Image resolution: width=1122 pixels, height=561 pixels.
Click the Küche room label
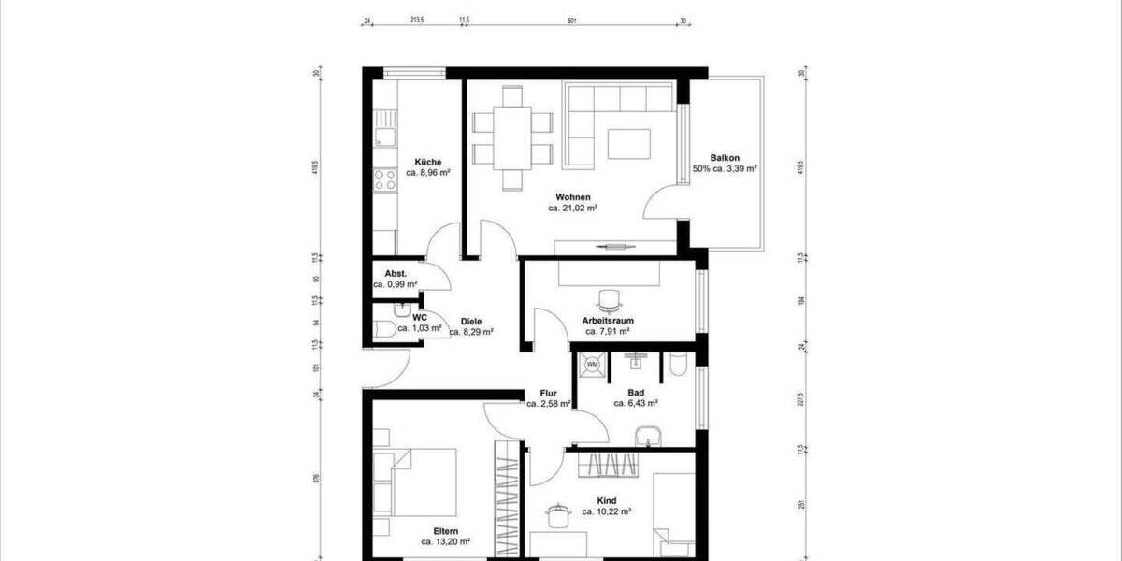(417, 162)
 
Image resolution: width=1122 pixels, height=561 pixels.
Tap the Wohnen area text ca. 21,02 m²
(573, 209)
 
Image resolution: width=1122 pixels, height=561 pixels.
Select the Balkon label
(725, 158)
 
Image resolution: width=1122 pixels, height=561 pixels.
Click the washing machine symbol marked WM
(592, 365)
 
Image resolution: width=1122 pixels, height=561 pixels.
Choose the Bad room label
(636, 393)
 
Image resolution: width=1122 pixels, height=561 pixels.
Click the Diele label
(471, 320)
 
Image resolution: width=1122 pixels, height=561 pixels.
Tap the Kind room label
(606, 500)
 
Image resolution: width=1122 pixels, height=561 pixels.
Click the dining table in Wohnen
(511, 138)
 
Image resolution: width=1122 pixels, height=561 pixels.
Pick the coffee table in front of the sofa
(628, 144)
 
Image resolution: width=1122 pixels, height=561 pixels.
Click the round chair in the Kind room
(559, 513)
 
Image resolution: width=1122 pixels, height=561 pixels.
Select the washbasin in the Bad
(648, 435)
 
